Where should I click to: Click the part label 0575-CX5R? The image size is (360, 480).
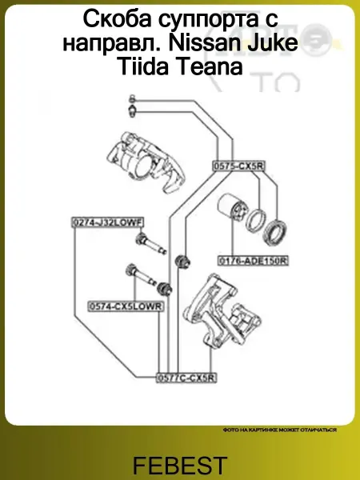(x=238, y=166)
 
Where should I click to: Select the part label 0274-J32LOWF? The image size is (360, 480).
(x=107, y=222)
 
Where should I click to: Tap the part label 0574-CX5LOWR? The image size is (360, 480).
(x=126, y=306)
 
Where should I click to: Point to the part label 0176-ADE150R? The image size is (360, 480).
(x=253, y=261)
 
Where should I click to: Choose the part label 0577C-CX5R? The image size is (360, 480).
(x=186, y=378)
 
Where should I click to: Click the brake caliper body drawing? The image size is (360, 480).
(x=144, y=162)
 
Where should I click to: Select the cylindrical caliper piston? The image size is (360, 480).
(x=231, y=210)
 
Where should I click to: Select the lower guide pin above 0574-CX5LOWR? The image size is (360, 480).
(x=141, y=274)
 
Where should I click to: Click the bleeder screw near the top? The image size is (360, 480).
(x=132, y=111)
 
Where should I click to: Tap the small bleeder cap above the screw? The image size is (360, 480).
(x=132, y=99)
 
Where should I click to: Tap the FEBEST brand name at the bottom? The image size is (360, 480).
(x=180, y=465)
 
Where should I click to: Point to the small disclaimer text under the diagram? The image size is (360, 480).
(x=280, y=430)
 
